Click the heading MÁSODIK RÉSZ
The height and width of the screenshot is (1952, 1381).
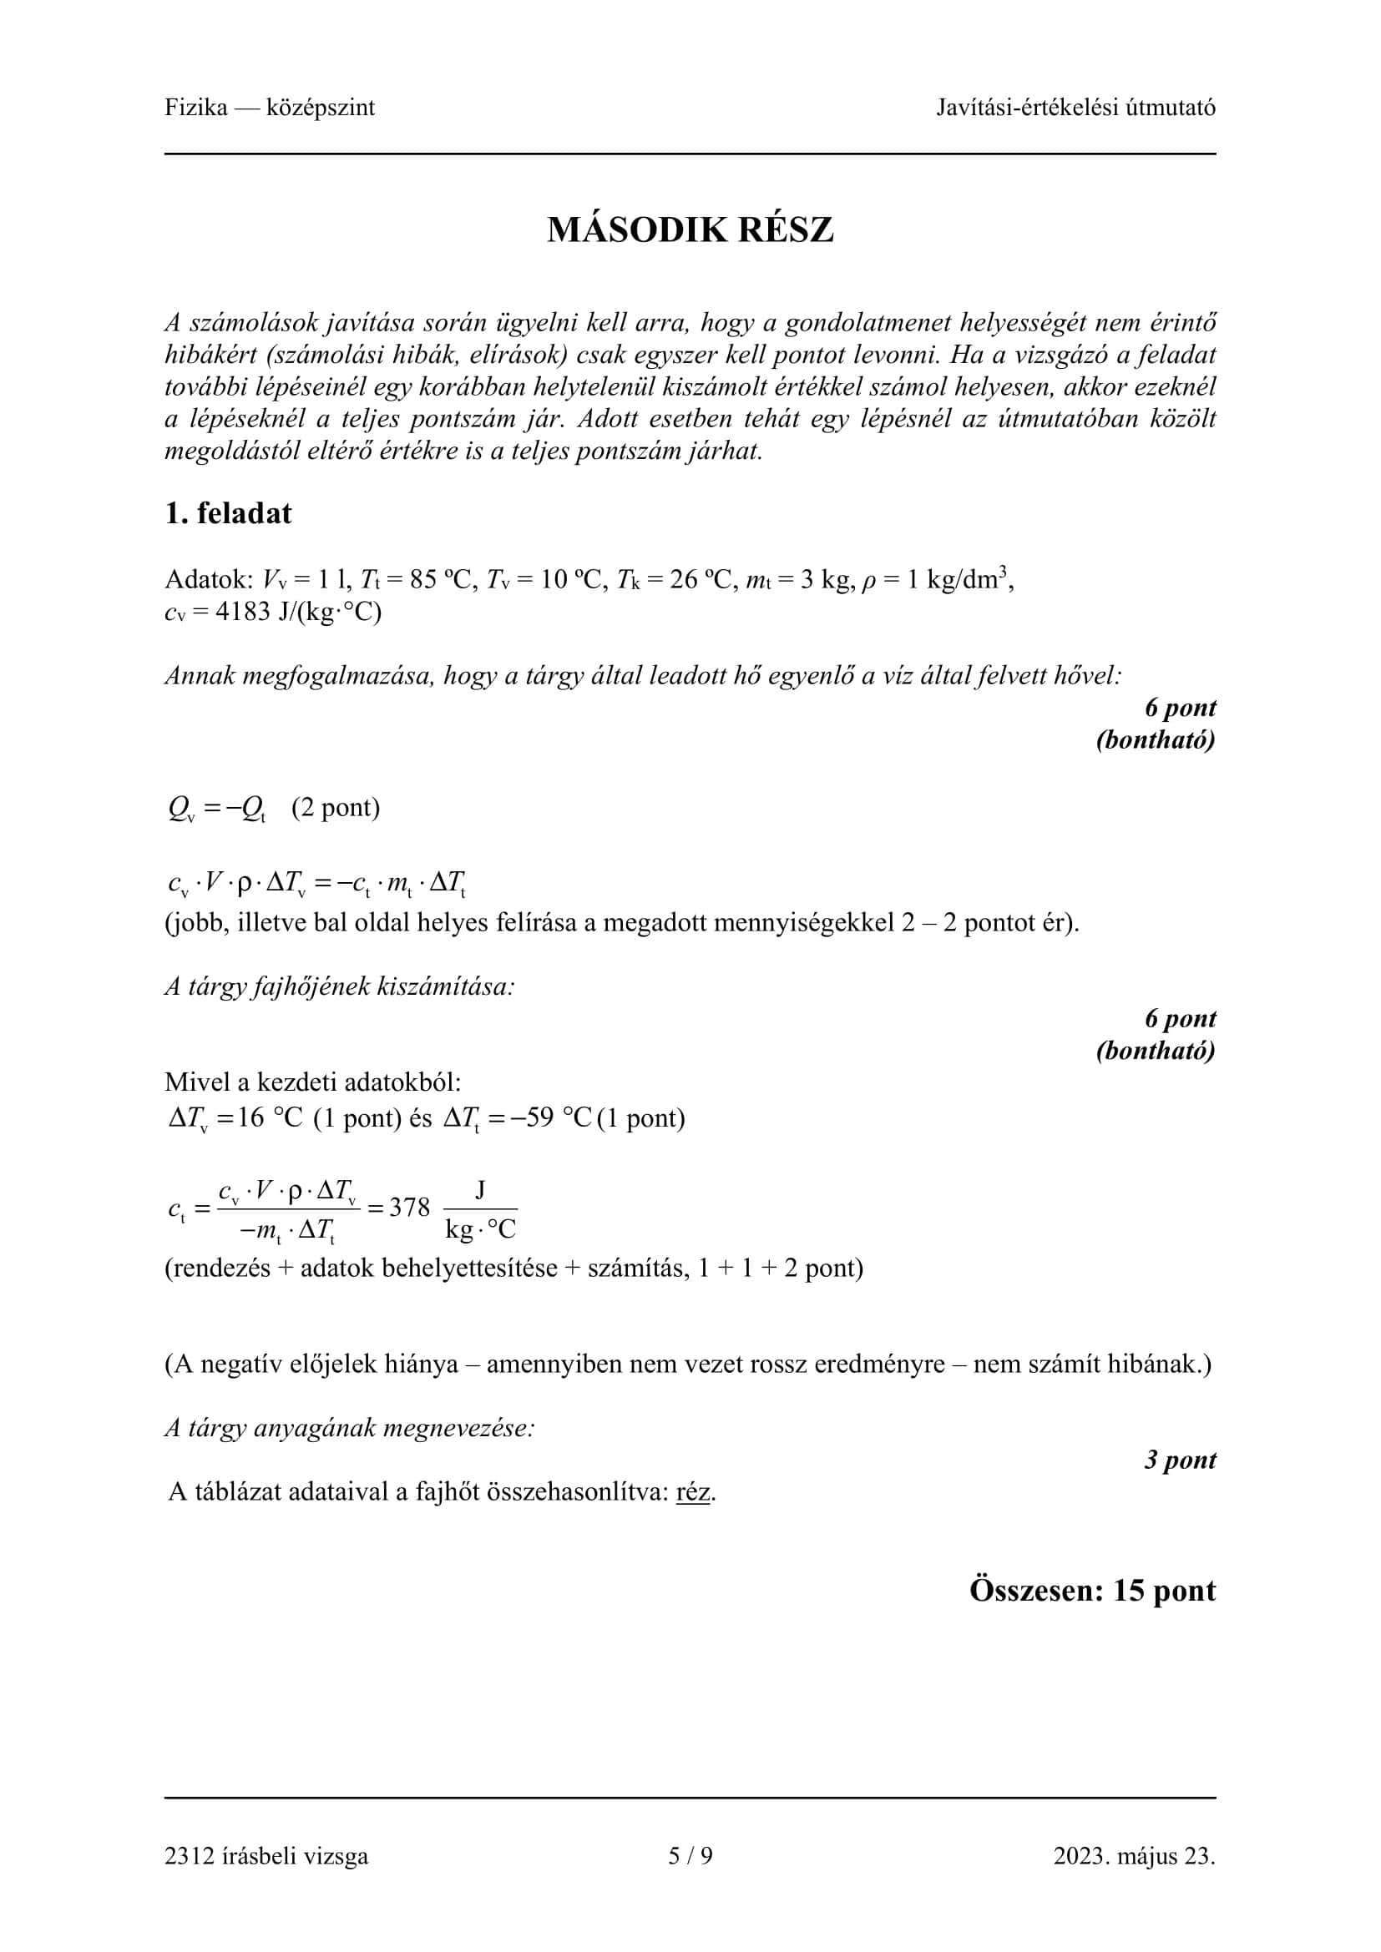pos(690,230)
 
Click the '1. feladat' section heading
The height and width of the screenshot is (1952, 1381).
pos(228,513)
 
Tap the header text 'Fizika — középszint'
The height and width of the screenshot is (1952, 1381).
pos(270,108)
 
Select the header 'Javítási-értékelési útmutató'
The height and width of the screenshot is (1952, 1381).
pos(1075,108)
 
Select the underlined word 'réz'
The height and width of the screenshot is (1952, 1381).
pos(693,1492)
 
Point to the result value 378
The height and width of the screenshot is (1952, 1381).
pos(409,1208)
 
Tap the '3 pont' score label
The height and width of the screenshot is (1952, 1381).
pos(1180,1460)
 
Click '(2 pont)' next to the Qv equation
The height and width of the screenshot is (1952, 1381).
pos(335,807)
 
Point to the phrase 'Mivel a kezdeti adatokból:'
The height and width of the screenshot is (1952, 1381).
pos(313,1082)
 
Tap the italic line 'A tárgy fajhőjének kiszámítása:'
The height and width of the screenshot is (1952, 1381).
pos(340,986)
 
